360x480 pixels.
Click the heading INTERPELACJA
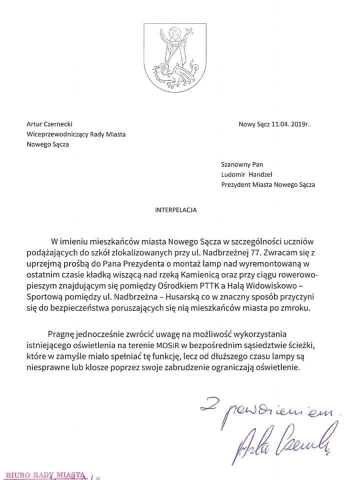[x=175, y=210]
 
